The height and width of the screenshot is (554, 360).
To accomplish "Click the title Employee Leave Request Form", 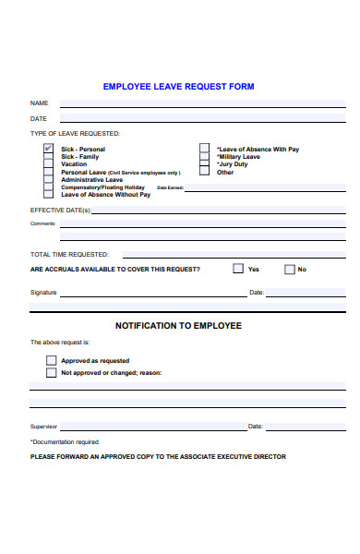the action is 178,87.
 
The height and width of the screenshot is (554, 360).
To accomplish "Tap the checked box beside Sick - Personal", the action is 48,149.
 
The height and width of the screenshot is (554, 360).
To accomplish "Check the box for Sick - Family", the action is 48,157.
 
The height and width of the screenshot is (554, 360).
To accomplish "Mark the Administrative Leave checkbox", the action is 48,180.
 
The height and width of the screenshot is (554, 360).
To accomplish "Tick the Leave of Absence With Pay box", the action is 204,149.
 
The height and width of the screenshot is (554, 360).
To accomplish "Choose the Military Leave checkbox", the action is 204,157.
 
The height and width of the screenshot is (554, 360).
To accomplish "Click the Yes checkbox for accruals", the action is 238,269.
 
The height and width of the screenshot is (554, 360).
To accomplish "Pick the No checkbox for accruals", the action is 289,270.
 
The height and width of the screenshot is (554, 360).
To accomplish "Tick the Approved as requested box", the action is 52,360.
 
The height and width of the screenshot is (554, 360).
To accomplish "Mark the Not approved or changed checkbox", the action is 52,373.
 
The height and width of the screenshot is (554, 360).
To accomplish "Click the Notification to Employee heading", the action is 178,326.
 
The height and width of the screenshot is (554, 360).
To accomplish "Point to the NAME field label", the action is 39,102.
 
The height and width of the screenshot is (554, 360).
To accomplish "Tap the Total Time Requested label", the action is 69,254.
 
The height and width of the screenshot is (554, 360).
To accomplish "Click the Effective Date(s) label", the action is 61,211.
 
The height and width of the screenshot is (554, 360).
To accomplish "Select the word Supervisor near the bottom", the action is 43,427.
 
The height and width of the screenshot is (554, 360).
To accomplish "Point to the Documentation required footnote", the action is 65,442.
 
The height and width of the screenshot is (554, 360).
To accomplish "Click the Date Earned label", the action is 171,187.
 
